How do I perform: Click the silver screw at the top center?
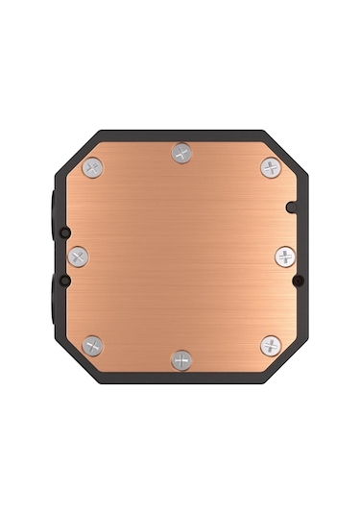[181, 153]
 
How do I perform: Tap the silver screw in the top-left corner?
[92, 167]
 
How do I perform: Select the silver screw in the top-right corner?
[271, 167]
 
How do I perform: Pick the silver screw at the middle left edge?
[78, 257]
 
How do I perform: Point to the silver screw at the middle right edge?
[285, 257]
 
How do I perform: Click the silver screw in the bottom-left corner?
[92, 345]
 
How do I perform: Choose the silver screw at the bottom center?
[181, 359]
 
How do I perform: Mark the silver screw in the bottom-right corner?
[271, 345]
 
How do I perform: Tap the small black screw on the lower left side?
[63, 281]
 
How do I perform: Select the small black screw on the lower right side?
[299, 281]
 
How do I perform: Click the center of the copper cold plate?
[181, 257]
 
